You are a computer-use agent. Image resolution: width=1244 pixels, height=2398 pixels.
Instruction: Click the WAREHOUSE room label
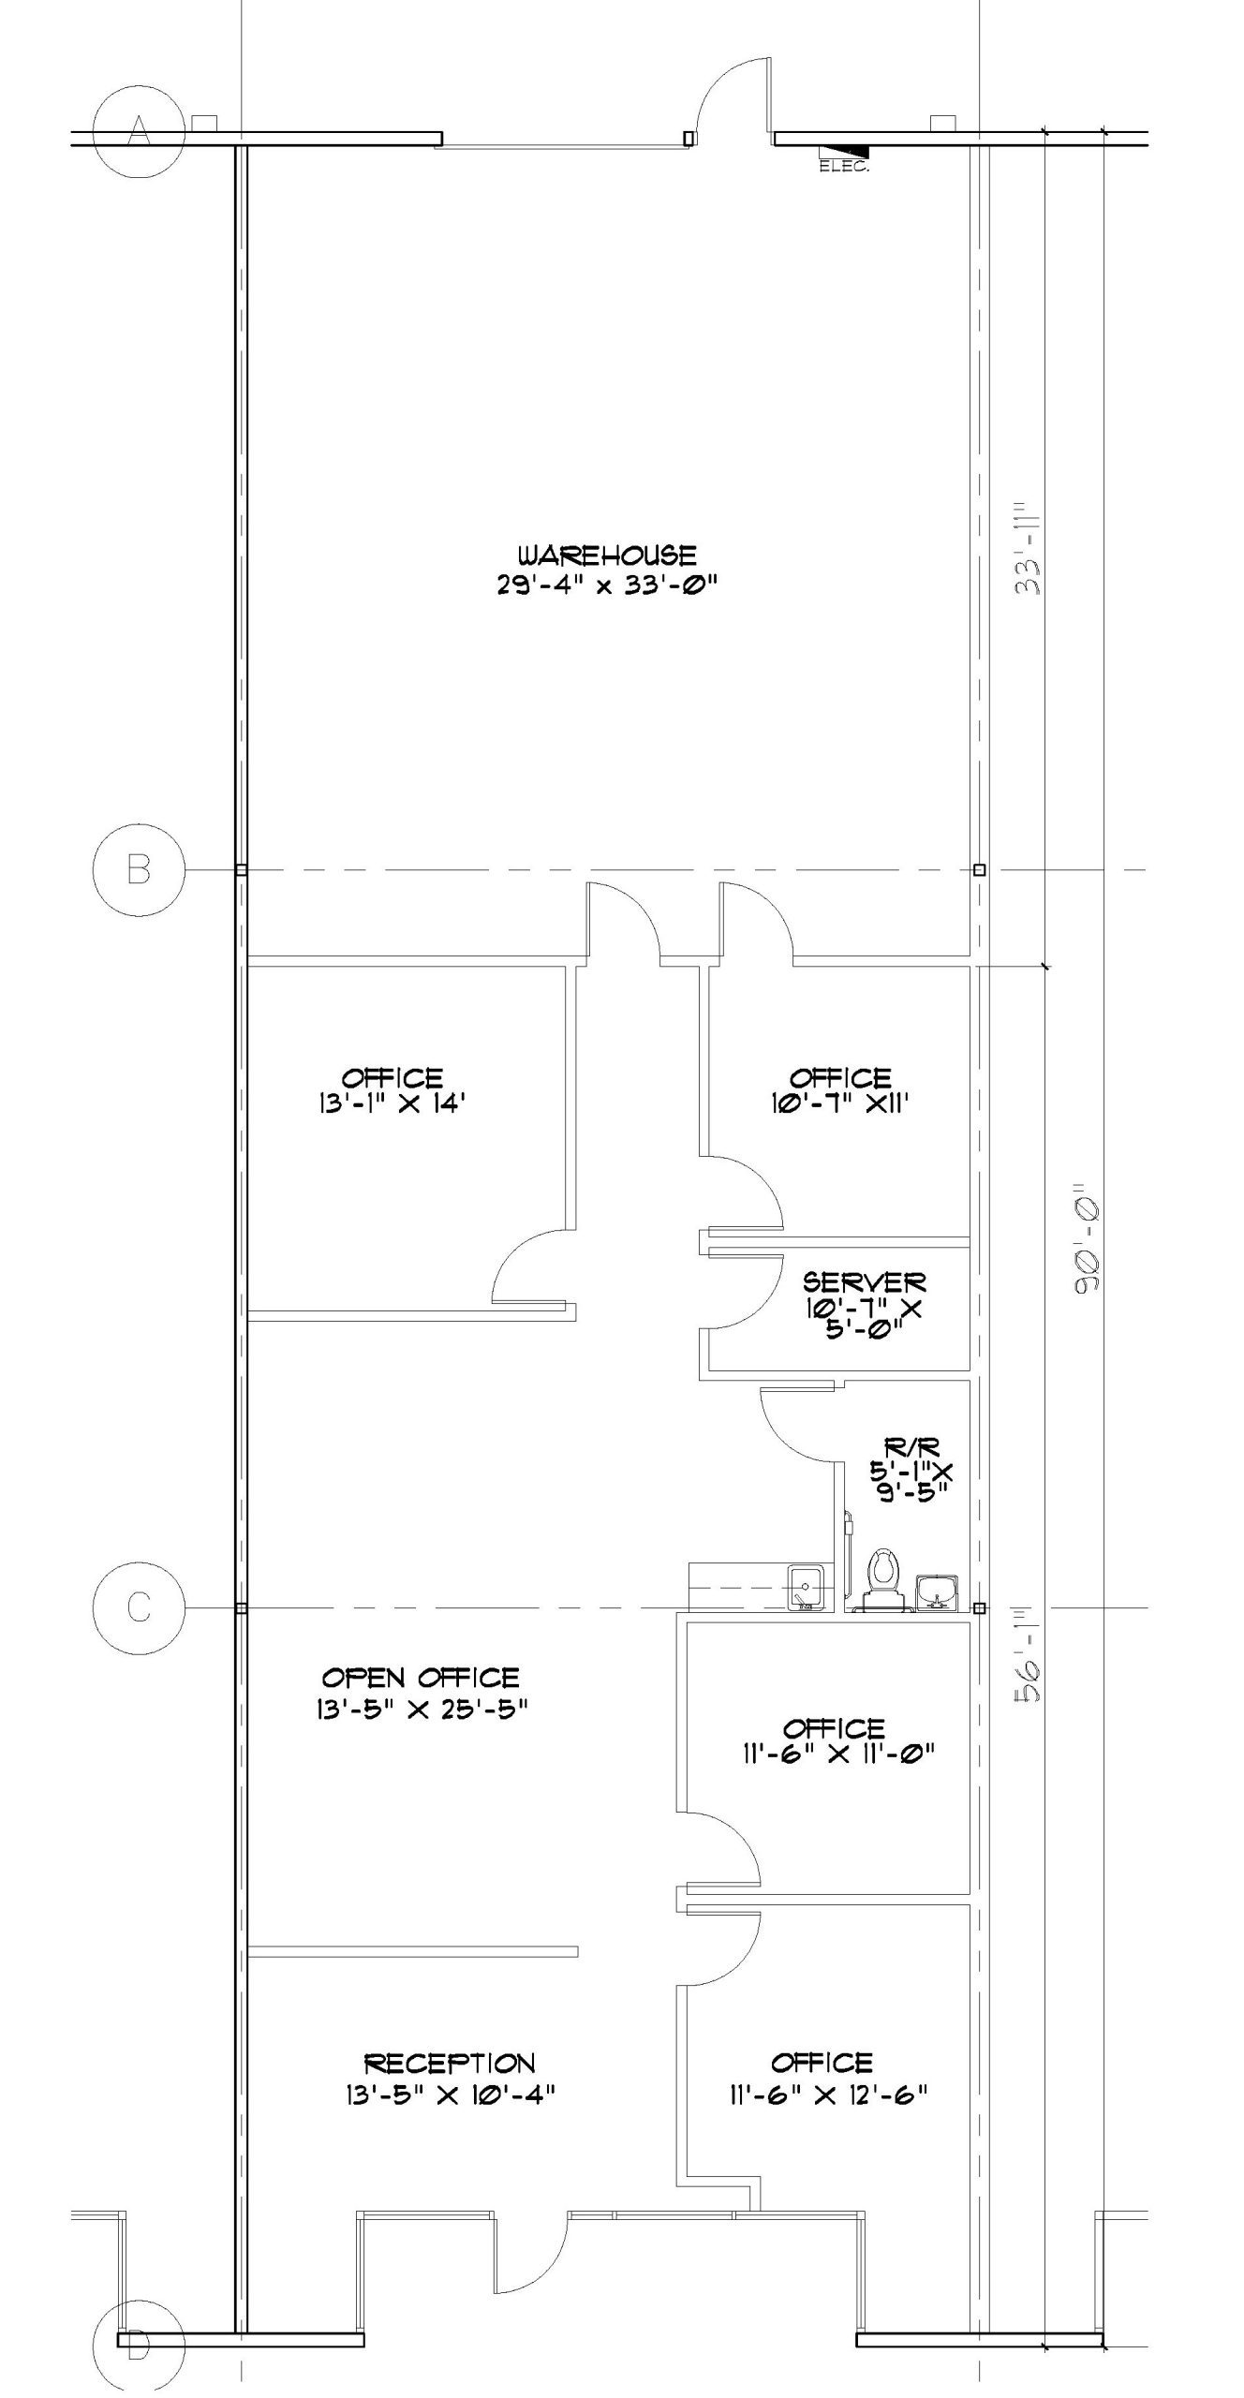click(x=607, y=555)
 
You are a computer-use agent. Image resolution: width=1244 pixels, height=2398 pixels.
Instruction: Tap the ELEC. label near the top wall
click(x=844, y=168)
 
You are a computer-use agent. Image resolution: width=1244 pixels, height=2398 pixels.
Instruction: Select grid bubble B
click(x=139, y=869)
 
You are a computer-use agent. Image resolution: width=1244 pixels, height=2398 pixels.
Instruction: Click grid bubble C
click(x=139, y=1607)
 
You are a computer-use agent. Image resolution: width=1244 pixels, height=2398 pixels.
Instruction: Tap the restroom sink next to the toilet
click(x=937, y=1590)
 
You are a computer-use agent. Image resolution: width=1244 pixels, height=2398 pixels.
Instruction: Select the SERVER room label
click(x=864, y=1281)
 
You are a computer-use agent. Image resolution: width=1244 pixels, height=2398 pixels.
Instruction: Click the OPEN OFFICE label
click(x=421, y=1677)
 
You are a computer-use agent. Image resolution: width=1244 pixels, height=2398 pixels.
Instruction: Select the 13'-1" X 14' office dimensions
click(x=392, y=1103)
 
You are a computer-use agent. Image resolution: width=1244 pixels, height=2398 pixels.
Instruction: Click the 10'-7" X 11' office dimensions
click(x=837, y=1103)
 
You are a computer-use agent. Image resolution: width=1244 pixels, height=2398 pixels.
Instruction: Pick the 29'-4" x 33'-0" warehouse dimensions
click(x=607, y=585)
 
